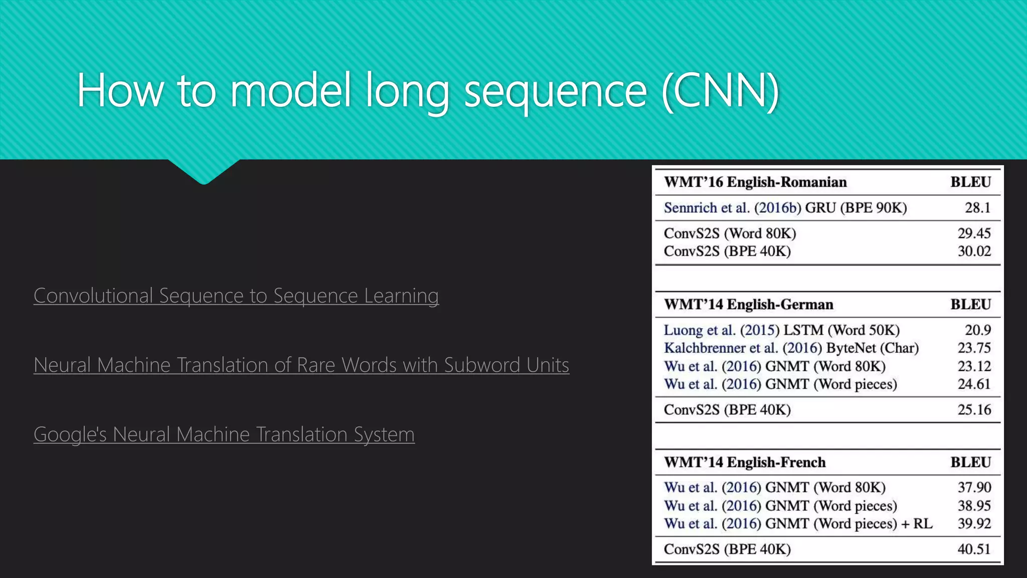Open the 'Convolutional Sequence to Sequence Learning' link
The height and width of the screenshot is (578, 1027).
pyautogui.click(x=236, y=296)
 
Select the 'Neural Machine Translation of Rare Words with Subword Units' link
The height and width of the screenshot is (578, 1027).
pyautogui.click(x=301, y=365)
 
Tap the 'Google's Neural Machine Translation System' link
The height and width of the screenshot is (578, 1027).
pyautogui.click(x=224, y=434)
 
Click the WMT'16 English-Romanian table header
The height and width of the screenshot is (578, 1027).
pyautogui.click(x=755, y=182)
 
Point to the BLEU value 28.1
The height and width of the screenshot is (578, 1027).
pyautogui.click(x=977, y=208)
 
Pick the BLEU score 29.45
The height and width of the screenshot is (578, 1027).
pyautogui.click(x=974, y=233)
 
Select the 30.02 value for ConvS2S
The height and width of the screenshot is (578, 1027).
pyautogui.click(x=974, y=251)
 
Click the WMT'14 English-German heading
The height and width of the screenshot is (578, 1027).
pyautogui.click(x=748, y=305)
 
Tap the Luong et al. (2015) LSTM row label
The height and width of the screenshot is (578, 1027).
pyautogui.click(x=781, y=330)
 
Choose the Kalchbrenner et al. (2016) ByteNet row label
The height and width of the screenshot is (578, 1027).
pyautogui.click(x=791, y=348)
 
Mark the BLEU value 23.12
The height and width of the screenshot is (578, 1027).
pyautogui.click(x=974, y=366)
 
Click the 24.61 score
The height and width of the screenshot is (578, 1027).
pyautogui.click(x=974, y=384)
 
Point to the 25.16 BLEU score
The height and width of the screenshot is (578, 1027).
pyautogui.click(x=974, y=410)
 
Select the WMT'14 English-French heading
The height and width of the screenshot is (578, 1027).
pyautogui.click(x=745, y=462)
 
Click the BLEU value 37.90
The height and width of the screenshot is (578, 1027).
pyautogui.click(x=974, y=487)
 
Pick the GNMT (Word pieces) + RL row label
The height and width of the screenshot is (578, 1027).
pyautogui.click(x=798, y=524)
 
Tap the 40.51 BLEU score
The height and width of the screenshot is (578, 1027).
pyautogui.click(x=974, y=549)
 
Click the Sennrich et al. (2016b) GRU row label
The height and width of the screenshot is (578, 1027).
pyautogui.click(x=785, y=208)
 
